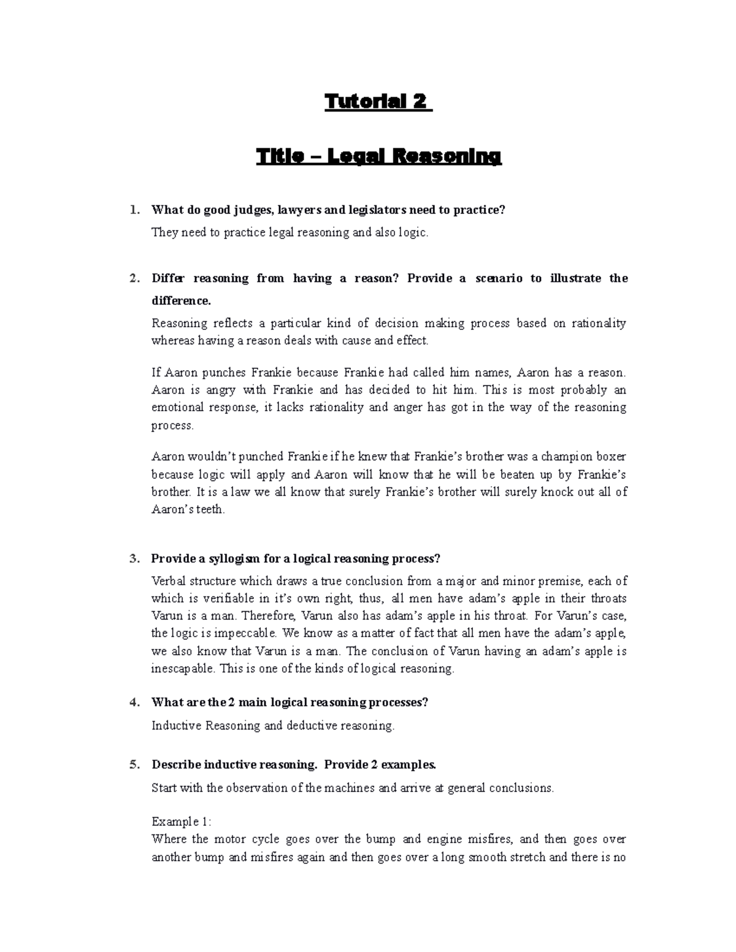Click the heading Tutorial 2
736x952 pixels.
pyautogui.click(x=377, y=101)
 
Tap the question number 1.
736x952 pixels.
pyautogui.click(x=134, y=210)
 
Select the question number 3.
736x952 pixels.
pyautogui.click(x=134, y=558)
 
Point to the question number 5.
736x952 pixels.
pyautogui.click(x=134, y=764)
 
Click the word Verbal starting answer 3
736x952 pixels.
pyautogui.click(x=169, y=581)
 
